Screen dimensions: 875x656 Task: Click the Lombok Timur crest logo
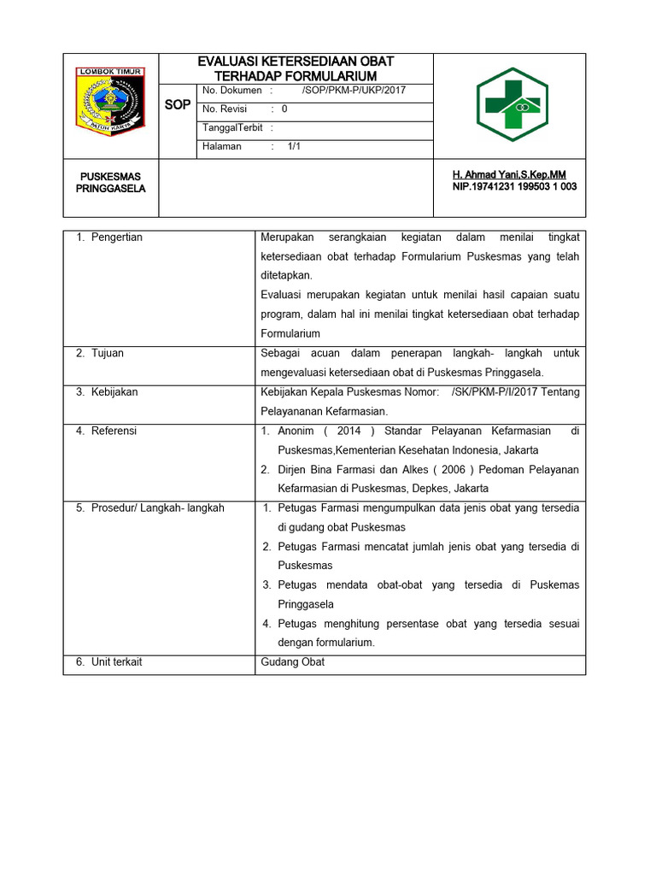tap(111, 101)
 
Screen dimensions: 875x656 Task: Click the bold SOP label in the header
tap(178, 104)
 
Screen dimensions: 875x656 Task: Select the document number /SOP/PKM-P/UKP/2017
tap(354, 90)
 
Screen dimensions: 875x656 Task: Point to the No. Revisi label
tap(225, 109)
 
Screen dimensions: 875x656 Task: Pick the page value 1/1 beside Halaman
tap(295, 146)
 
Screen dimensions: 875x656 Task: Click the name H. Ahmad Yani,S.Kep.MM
tap(509, 174)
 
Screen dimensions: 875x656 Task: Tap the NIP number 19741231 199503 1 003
tap(514, 186)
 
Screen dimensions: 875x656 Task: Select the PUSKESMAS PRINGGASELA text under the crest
tap(111, 182)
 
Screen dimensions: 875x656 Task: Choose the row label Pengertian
tap(117, 237)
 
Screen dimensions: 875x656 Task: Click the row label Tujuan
tap(108, 353)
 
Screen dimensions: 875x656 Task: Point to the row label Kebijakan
tap(114, 392)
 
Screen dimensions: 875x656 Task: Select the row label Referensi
tap(114, 431)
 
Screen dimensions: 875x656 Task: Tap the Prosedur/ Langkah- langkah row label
tap(157, 508)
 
